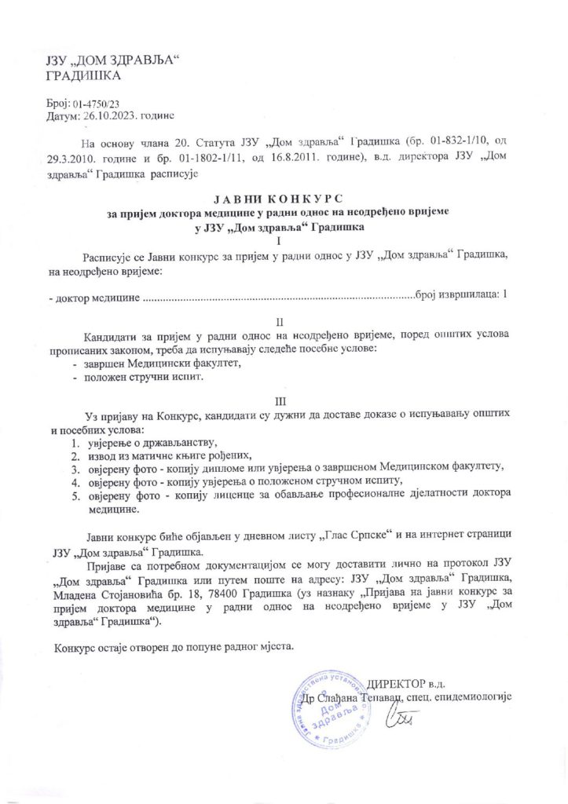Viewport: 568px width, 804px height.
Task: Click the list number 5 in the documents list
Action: point(75,495)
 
